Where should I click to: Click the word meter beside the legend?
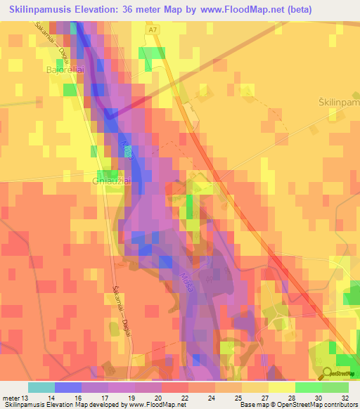[x=13, y=396]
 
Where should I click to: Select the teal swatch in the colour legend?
[x=41, y=387]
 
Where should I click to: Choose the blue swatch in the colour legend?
[x=68, y=387]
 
